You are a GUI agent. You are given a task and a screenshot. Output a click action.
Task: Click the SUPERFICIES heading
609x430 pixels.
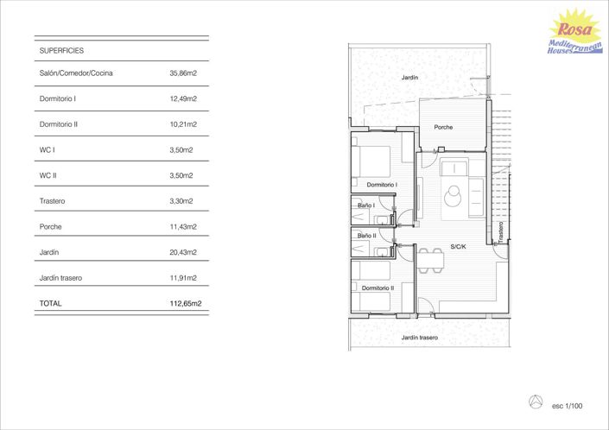point(61,51)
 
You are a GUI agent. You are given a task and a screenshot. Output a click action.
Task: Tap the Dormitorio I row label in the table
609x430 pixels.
point(58,99)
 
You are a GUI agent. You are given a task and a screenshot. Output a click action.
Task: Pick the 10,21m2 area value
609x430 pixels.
point(183,124)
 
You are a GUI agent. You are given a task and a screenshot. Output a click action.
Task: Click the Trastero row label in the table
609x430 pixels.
point(53,201)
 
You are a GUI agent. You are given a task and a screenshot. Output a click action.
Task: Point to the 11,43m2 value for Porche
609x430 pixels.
point(183,227)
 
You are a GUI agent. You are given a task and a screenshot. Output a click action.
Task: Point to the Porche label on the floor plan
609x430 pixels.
point(443,127)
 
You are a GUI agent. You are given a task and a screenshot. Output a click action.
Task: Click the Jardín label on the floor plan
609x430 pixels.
point(409,78)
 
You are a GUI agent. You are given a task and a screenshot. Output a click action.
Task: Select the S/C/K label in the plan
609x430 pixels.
point(458,247)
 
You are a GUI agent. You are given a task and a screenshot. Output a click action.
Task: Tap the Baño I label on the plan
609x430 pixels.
point(365,206)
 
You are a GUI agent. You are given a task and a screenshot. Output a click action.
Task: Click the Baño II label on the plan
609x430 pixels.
point(366,235)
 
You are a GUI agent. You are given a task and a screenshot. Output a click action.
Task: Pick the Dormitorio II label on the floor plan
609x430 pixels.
point(377,288)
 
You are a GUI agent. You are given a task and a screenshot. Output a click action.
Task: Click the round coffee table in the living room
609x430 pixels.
point(454,198)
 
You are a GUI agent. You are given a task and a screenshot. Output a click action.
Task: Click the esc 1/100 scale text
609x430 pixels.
point(568,405)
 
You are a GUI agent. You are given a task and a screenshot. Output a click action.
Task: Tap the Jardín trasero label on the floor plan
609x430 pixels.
point(420,338)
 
